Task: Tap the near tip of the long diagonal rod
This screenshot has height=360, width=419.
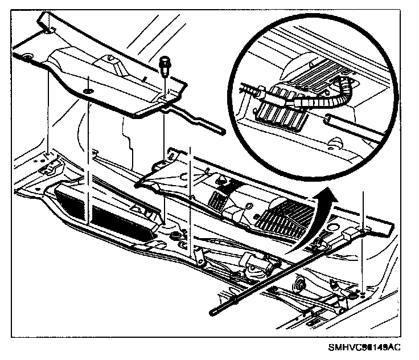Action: click(x=215, y=310)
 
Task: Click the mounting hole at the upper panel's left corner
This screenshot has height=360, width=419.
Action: click(x=26, y=56)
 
